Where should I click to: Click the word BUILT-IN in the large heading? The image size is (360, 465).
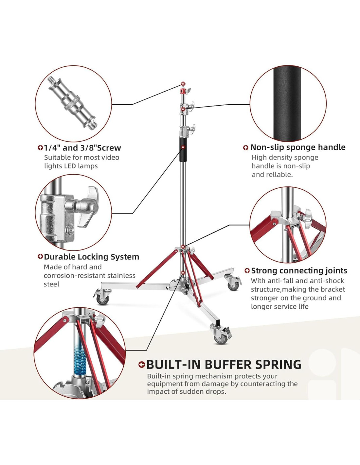[173, 364]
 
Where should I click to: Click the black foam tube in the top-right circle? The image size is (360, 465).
[287, 103]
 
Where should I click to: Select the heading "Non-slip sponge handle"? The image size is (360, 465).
[297, 147]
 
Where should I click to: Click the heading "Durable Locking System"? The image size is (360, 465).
[91, 257]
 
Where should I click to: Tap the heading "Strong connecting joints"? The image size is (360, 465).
[299, 271]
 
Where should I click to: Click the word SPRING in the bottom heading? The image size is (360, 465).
[278, 364]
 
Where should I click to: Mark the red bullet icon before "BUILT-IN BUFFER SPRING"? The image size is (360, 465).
[141, 365]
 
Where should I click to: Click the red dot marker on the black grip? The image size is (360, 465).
[183, 147]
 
